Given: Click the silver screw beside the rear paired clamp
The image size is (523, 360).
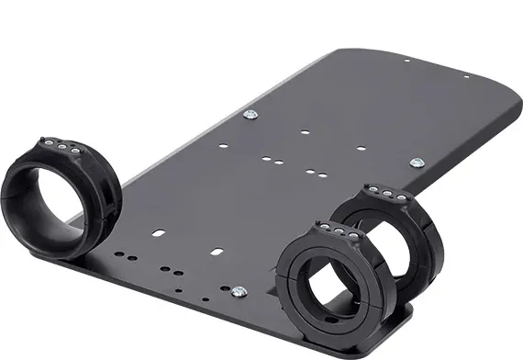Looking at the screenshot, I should click(x=418, y=162).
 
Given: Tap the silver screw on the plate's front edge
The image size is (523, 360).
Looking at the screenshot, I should click(x=239, y=293).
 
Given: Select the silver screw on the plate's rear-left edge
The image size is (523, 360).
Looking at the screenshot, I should click(x=249, y=114).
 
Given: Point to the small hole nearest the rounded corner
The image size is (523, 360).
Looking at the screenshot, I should click(x=406, y=62).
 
